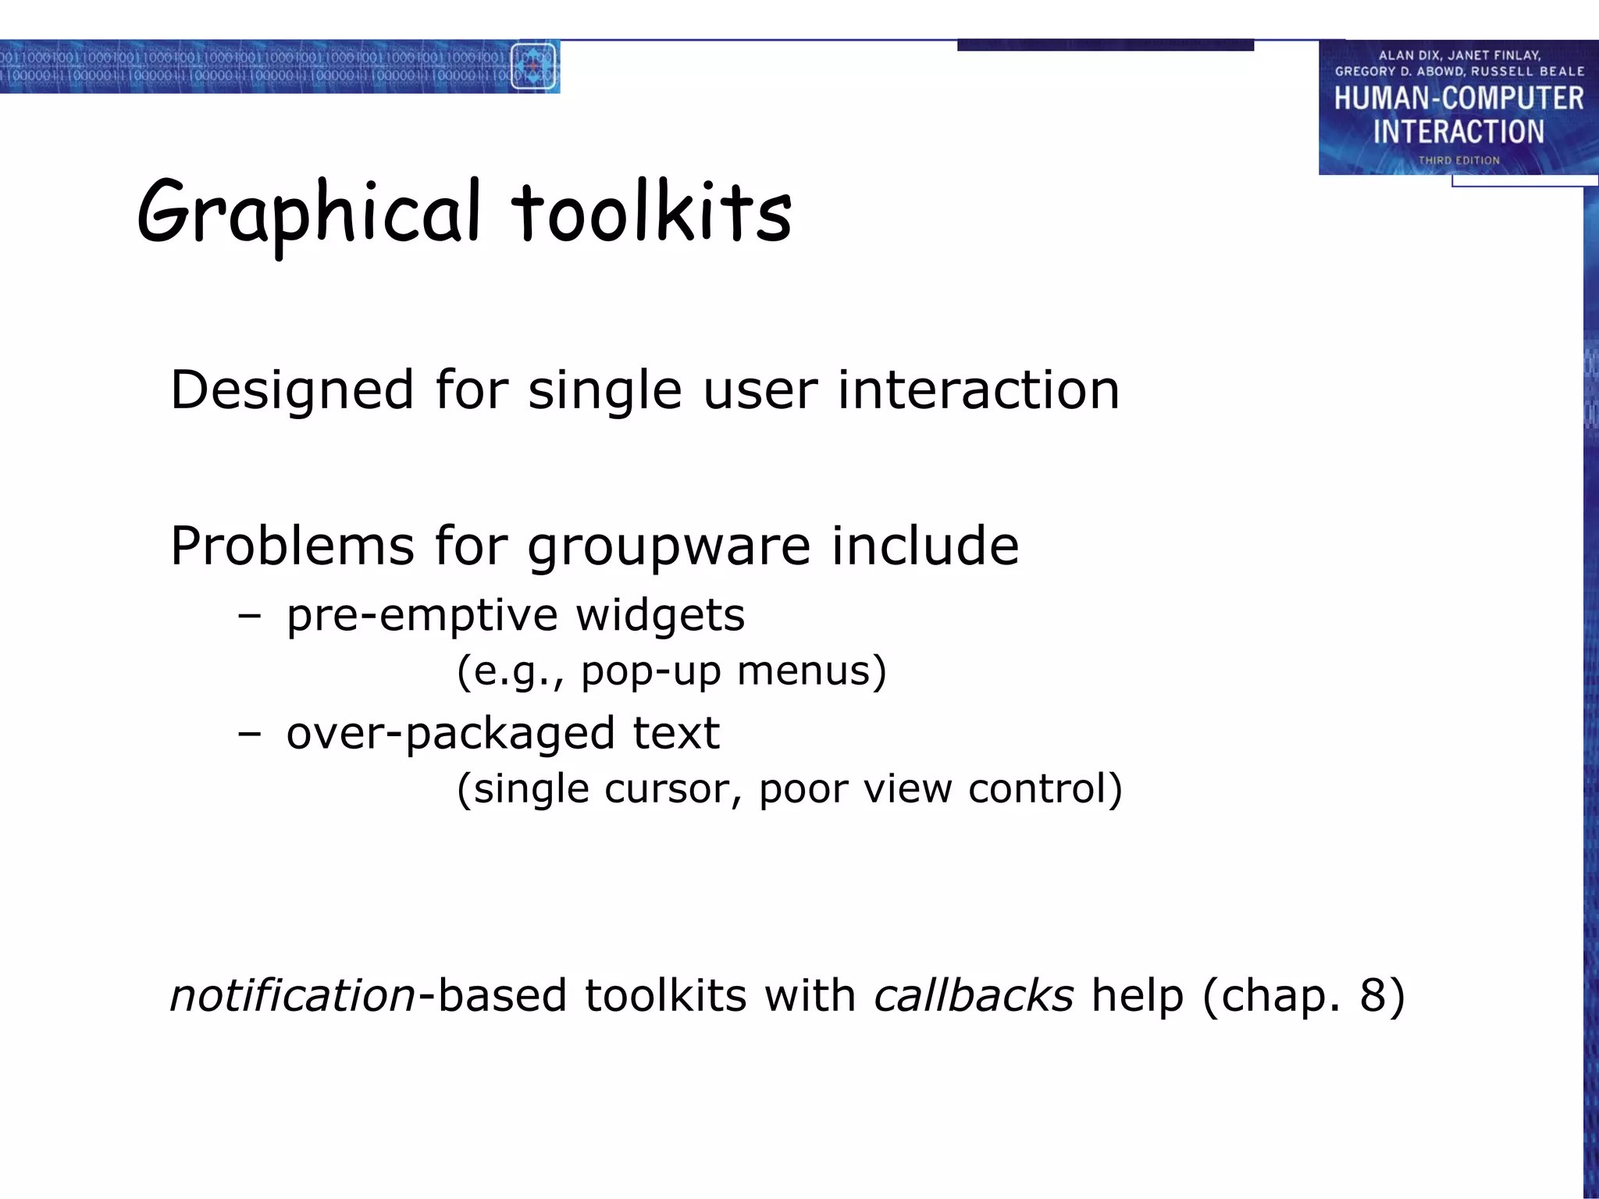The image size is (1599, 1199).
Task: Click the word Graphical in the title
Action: pos(308,212)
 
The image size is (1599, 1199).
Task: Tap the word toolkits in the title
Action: pos(651,212)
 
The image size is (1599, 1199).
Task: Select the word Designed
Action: pos(292,390)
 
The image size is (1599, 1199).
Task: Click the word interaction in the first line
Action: pos(978,390)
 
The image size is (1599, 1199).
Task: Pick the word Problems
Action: pos(292,546)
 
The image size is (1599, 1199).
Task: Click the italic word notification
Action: pos(293,997)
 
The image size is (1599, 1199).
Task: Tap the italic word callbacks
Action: pos(974,997)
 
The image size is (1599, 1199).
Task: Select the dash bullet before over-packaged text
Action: pos(249,735)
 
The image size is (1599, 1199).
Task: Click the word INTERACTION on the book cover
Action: pos(1458,132)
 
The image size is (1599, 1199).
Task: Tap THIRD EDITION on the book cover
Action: pos(1458,161)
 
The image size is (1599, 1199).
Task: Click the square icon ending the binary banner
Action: pos(533,66)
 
